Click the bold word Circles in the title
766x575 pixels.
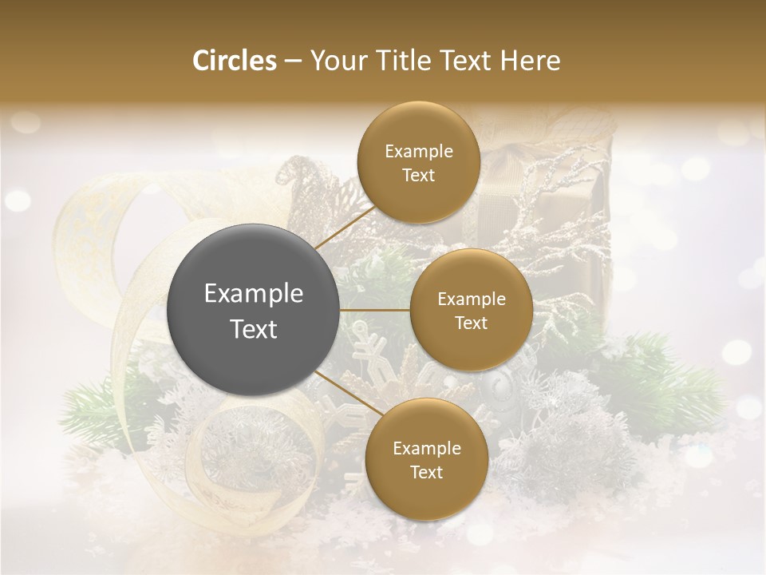pos(234,61)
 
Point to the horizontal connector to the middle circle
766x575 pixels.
pos(374,309)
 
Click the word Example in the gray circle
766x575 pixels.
pos(253,294)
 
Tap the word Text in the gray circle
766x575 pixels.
pos(253,329)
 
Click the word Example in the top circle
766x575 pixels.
pos(418,152)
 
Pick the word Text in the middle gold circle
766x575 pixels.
pos(471,323)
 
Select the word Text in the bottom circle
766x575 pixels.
pos(426,472)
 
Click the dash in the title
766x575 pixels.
pos(292,61)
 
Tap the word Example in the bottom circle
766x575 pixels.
pos(426,448)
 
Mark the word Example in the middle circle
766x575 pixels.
pos(471,299)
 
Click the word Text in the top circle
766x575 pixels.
pos(418,176)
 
